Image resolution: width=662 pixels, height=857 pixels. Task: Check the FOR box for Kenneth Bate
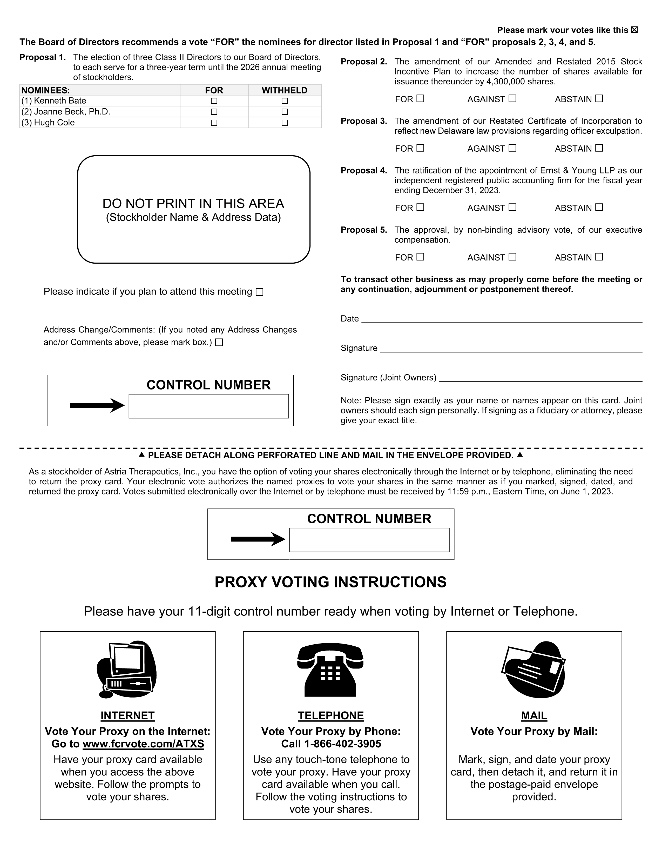(214, 101)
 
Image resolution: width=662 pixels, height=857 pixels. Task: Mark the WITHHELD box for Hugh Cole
(285, 123)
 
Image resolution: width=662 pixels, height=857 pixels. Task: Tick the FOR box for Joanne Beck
(214, 112)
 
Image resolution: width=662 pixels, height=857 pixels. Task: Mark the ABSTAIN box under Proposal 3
(599, 148)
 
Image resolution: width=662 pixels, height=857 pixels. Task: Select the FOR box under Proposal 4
(420, 207)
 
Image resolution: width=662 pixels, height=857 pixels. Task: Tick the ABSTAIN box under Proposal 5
(599, 257)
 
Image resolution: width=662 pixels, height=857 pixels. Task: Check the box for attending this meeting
(259, 292)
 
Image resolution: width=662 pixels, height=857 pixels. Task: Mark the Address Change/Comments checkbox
(219, 343)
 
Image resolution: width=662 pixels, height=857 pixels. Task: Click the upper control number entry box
(209, 406)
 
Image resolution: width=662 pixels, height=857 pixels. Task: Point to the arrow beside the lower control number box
(258, 539)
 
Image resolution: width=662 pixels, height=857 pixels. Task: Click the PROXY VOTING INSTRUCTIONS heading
(330, 582)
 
